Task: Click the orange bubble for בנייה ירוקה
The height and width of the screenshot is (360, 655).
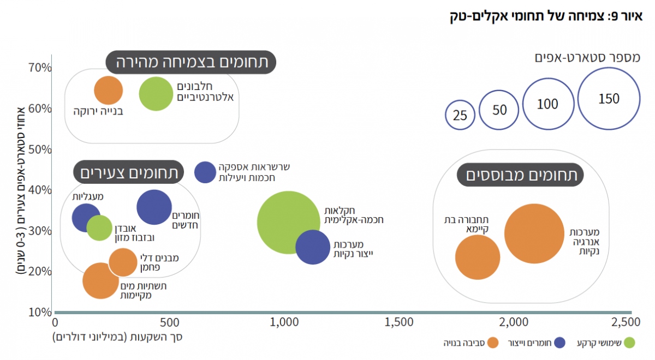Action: click(x=109, y=90)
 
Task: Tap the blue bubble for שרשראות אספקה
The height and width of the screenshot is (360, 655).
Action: click(x=205, y=172)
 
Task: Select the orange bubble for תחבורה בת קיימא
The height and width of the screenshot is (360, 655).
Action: click(x=478, y=257)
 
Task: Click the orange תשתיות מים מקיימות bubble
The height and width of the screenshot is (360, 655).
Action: click(x=101, y=280)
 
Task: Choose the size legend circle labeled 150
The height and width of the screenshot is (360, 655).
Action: click(x=609, y=99)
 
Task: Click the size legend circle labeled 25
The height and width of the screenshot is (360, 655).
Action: click(x=460, y=115)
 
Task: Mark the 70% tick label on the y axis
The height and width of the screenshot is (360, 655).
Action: click(x=40, y=68)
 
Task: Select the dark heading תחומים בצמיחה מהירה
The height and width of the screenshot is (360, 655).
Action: click(x=191, y=63)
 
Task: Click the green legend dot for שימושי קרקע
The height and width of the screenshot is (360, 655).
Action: click(x=629, y=343)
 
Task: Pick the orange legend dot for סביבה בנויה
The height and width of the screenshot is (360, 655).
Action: click(x=493, y=343)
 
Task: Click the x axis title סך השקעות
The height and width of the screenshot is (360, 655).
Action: click(x=118, y=337)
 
